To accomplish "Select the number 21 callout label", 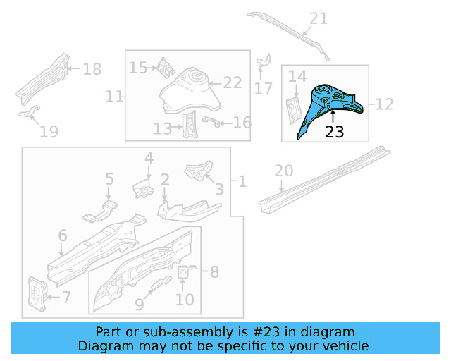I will (x=319, y=18).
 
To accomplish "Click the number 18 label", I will (x=92, y=69).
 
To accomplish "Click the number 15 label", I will (x=138, y=68).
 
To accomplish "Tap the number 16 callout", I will (x=241, y=123).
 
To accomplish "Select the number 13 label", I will (x=162, y=128).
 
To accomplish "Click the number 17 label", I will (x=264, y=89).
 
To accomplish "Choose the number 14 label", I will (x=297, y=76).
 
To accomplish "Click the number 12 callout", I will (x=384, y=104).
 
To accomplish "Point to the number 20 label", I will (x=283, y=171).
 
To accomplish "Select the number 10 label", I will (x=184, y=299).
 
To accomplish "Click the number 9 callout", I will (x=139, y=305).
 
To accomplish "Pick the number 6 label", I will (x=62, y=235).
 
